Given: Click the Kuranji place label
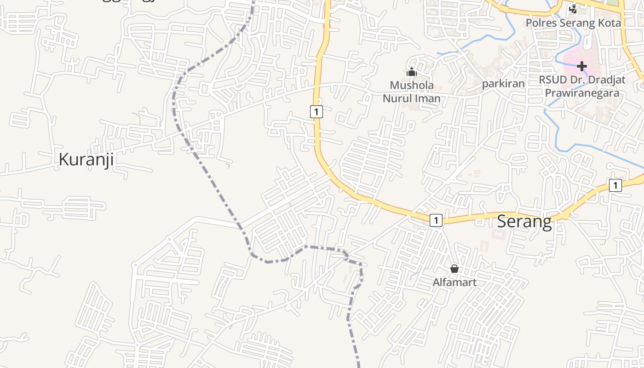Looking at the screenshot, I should [x=86, y=160].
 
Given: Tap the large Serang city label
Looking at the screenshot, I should [x=525, y=222].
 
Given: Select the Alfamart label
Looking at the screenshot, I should [x=454, y=282].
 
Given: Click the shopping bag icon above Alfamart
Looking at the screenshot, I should [x=454, y=269].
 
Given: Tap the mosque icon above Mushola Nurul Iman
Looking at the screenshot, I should [x=411, y=72].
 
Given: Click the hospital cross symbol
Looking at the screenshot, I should [x=582, y=66].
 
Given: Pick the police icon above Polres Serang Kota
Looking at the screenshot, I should [x=573, y=9].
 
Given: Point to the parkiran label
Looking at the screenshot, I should [x=503, y=84].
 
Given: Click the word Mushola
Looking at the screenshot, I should [x=412, y=86].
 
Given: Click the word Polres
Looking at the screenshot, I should [x=541, y=23].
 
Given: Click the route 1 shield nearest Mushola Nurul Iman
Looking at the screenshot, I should [x=316, y=111].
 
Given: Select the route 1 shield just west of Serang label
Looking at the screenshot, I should [x=436, y=220].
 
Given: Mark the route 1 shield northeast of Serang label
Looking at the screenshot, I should [x=615, y=185].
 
